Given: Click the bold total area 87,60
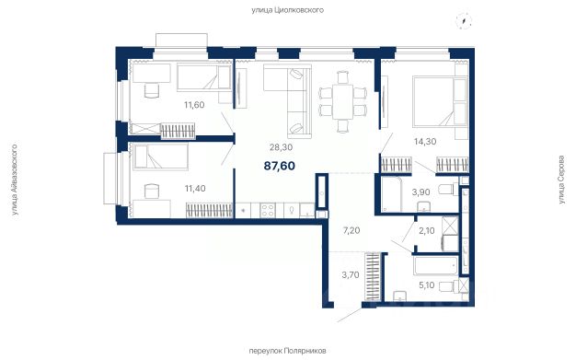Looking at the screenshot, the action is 280,166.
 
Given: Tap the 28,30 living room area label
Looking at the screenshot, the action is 281,147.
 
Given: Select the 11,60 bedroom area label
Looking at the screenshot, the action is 194,105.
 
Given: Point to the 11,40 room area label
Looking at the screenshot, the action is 195,189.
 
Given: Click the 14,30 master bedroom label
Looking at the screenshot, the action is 425,141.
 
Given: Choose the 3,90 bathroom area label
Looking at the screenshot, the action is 421,192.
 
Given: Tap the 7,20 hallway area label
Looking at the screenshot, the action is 351,231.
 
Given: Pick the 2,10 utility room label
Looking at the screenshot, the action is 427,231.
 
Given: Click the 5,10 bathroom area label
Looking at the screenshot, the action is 427,285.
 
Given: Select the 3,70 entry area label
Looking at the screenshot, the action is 351,275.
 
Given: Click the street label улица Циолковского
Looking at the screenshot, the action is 288,10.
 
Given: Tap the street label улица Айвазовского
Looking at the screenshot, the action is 15,180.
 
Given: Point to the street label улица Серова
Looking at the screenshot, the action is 561,180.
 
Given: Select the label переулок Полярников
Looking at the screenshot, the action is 288,351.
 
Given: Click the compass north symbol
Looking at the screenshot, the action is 464,20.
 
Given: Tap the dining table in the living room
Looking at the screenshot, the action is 342,101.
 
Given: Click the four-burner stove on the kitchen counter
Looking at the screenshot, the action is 267,210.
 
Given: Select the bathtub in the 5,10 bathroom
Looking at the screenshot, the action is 435,266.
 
